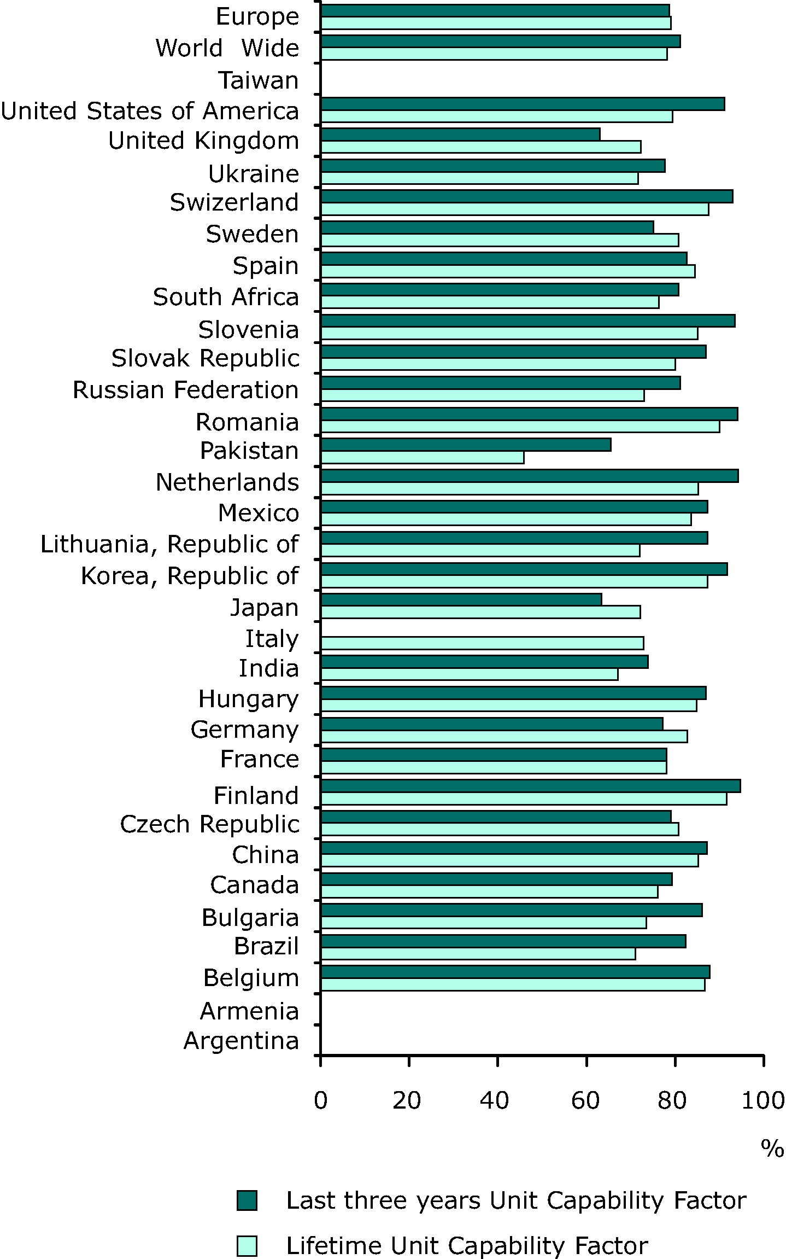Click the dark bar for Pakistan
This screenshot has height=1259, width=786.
point(466,445)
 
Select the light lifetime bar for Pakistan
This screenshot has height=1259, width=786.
point(422,457)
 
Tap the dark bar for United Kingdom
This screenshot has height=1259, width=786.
point(460,134)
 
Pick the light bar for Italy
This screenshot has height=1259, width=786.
point(482,643)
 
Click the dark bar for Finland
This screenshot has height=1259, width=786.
point(530,786)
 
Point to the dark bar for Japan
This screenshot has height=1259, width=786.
point(461,599)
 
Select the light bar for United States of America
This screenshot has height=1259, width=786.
point(496,116)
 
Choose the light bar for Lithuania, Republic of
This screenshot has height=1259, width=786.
point(480,550)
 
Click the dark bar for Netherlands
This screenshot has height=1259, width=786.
point(529,476)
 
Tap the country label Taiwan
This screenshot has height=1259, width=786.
point(259,80)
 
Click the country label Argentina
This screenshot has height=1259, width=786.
point(241,1040)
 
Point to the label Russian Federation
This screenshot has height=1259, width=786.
point(185,390)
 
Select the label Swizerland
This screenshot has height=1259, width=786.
point(234,202)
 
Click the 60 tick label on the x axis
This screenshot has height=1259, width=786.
point(585,1100)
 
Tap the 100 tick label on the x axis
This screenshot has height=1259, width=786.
point(763,1100)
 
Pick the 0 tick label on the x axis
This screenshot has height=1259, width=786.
point(320,1100)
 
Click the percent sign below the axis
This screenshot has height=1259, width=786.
point(772,1149)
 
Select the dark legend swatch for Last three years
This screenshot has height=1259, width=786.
point(247,1200)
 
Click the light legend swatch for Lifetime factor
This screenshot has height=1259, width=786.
point(247,1246)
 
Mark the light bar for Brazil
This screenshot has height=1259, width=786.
point(478,954)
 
